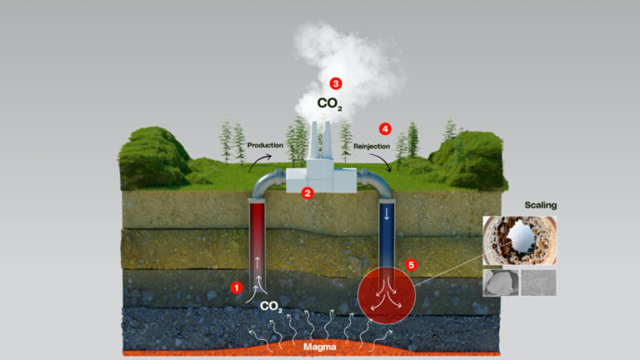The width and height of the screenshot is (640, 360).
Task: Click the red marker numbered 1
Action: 236,287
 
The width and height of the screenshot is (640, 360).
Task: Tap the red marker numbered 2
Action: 307,193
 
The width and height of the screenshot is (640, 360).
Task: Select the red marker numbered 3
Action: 335,83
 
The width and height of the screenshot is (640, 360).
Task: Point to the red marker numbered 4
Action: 384,128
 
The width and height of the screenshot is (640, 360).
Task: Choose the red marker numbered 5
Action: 409,265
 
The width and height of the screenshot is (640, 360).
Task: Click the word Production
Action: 265,145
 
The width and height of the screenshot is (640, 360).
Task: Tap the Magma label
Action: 319,346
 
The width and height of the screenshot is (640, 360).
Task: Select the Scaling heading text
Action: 540,204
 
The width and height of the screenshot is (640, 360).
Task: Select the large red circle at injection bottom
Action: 385,296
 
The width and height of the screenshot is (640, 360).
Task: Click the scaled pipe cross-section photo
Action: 519,240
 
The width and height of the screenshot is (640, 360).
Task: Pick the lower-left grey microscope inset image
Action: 500,282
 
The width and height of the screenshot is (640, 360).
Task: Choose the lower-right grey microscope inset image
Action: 538,282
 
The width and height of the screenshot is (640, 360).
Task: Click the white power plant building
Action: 322,175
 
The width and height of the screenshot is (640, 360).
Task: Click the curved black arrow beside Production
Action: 252,162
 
